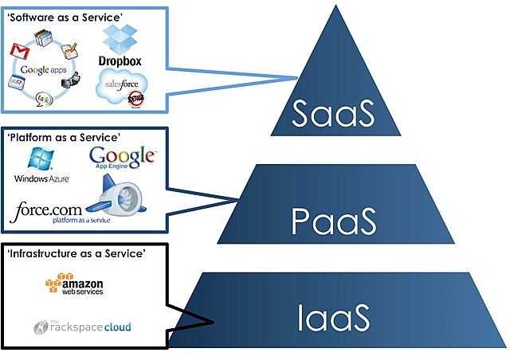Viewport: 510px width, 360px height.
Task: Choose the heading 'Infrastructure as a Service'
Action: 77,253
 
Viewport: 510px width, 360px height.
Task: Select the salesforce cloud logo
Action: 120,86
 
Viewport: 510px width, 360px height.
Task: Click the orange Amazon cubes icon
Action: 53,284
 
